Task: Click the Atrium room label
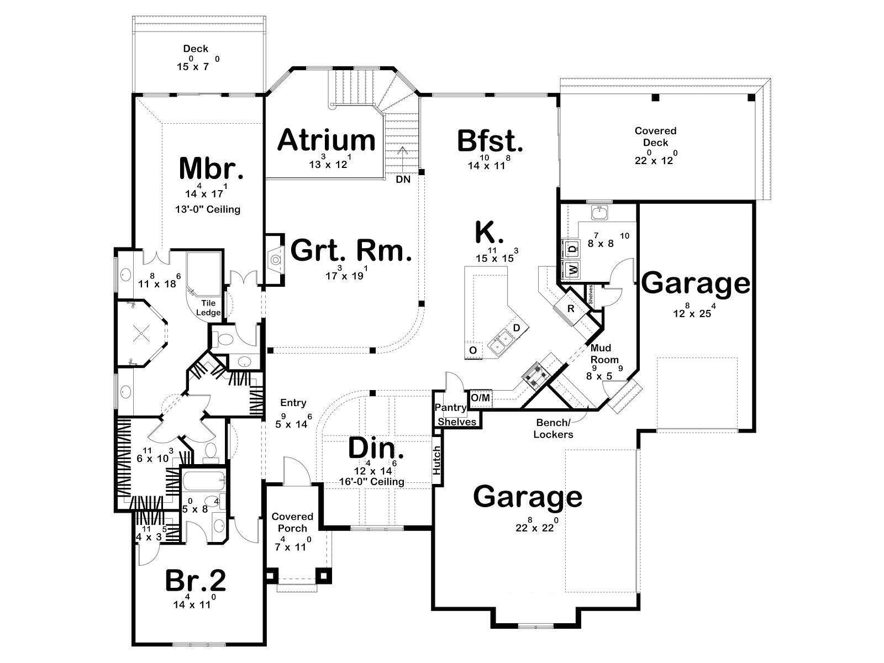[326, 140]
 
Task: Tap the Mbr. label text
[211, 169]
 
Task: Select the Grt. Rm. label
[351, 250]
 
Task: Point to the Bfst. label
[490, 141]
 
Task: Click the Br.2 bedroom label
[196, 581]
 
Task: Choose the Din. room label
[376, 448]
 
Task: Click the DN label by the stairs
[403, 180]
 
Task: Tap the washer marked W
[572, 269]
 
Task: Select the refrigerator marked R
[571, 309]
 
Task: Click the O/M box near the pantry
[481, 398]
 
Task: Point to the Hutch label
[437, 460]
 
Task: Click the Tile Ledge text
[208, 308]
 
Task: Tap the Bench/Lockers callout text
[553, 428]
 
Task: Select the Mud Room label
[604, 354]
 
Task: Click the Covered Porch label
[292, 522]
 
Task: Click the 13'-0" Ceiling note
[208, 209]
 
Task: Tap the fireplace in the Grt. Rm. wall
[275, 259]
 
